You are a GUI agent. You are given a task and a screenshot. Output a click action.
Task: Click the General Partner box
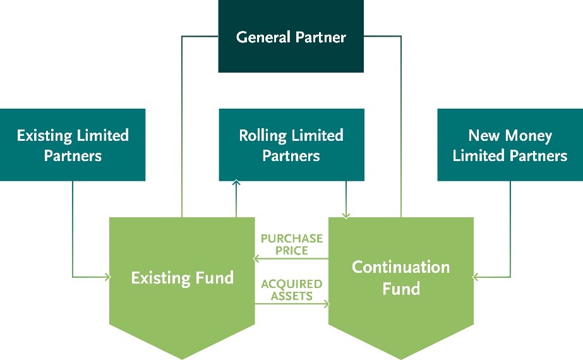291,37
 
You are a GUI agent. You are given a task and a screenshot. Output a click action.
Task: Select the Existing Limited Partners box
73,145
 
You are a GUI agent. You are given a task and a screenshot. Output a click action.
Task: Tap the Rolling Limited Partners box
291,145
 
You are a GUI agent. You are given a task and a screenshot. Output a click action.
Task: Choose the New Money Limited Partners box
510,145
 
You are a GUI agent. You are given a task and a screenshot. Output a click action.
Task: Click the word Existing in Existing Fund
159,277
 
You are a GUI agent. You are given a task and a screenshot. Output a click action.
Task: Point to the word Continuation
400,267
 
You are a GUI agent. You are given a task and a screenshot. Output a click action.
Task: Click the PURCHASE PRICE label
292,244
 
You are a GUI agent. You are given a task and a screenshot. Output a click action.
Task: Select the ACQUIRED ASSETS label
292,290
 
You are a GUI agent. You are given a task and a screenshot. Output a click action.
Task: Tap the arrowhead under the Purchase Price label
257,258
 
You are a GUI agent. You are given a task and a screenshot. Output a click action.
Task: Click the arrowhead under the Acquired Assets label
327,304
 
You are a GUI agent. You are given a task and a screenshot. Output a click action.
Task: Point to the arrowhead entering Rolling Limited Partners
236,183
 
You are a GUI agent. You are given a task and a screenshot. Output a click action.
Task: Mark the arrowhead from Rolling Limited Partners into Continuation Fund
346,215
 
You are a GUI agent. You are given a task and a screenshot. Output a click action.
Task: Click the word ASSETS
292,296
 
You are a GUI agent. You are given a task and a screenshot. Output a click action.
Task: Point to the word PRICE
292,250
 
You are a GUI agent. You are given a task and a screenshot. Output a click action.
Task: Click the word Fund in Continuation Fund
400,289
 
